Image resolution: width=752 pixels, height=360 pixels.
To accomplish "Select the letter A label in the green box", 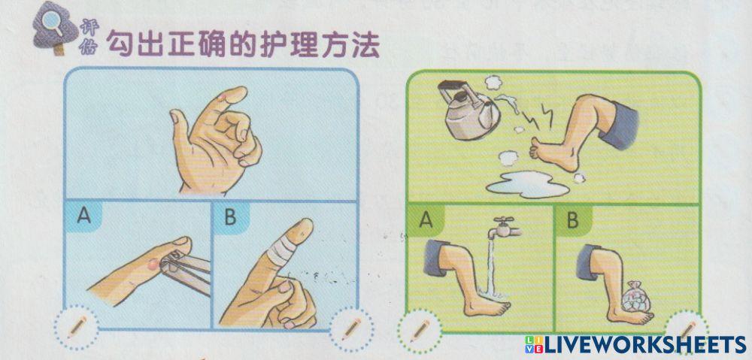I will click(426, 219).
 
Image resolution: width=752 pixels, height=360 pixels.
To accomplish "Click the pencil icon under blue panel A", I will click(76, 328).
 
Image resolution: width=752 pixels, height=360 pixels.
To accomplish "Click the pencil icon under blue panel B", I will click(349, 328).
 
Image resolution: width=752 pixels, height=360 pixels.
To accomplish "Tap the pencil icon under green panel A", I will click(419, 329).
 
